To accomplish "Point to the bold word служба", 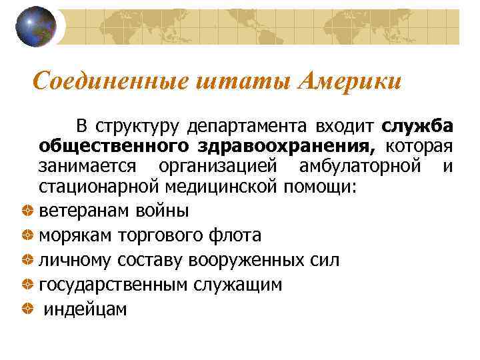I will [417, 126].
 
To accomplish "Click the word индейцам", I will [85, 309].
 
